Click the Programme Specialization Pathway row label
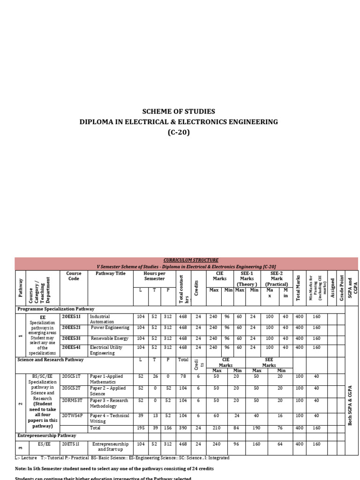click(x=56, y=309)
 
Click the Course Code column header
click(x=74, y=276)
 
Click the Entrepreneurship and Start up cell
click(x=111, y=446)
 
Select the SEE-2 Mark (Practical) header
click(x=276, y=279)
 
